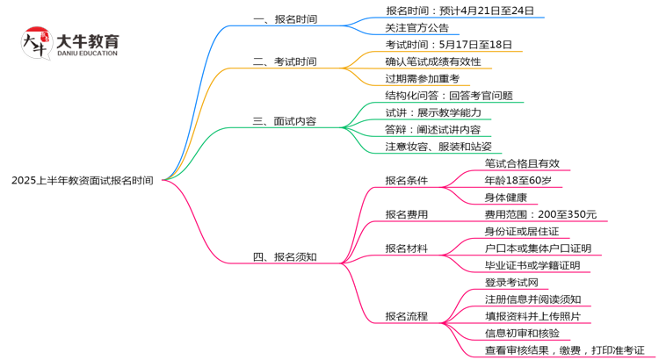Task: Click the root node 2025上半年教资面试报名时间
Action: (x=82, y=181)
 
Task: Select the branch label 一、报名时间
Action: (x=285, y=19)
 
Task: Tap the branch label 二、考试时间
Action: (x=285, y=62)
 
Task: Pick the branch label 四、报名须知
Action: (x=285, y=257)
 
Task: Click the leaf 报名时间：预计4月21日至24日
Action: (x=460, y=11)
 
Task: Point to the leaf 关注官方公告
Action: (x=416, y=28)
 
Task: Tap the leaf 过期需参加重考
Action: (x=422, y=79)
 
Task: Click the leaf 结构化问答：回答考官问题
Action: (x=448, y=96)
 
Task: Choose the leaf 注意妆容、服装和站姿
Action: (x=438, y=147)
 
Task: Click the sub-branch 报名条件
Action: (x=407, y=181)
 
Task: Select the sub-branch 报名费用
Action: (x=407, y=214)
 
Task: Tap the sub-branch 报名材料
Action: (x=407, y=248)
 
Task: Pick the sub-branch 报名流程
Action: (x=407, y=316)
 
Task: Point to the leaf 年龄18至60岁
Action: (x=518, y=181)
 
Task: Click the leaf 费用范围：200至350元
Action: (x=540, y=214)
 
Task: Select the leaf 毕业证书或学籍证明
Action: (x=532, y=265)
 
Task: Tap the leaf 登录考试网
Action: (x=517, y=283)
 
